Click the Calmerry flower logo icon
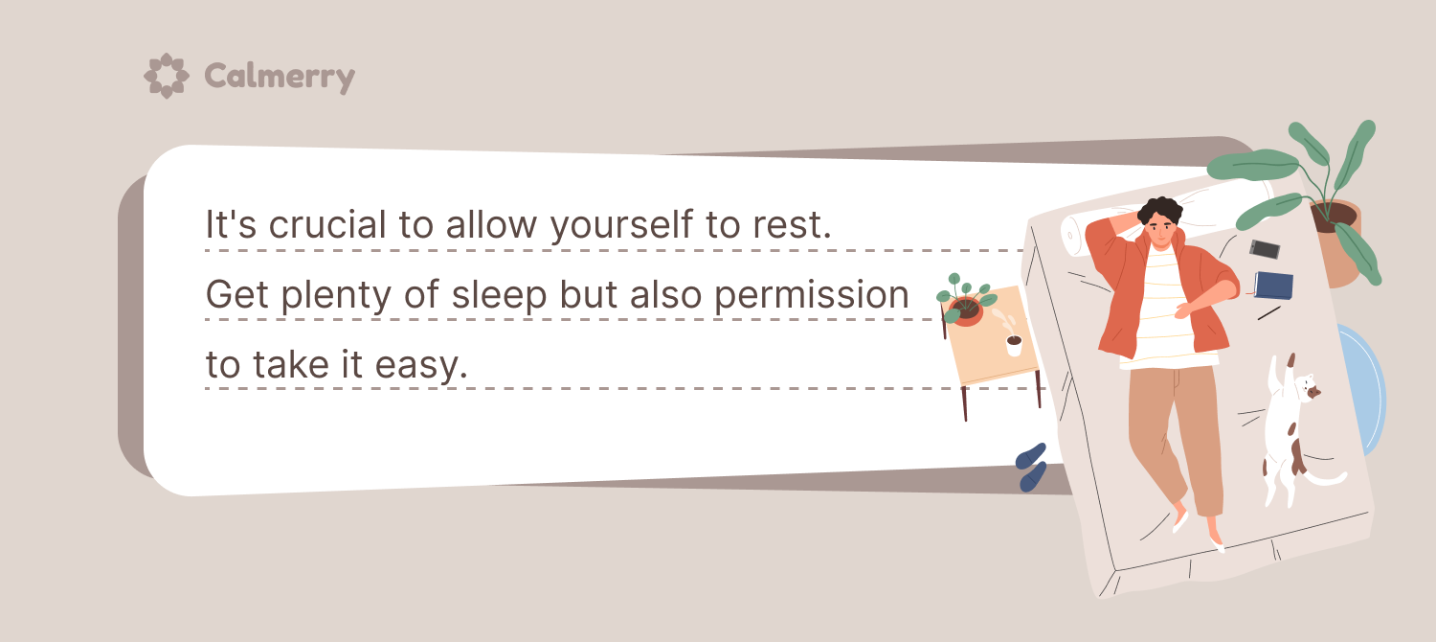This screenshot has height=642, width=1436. tap(166, 76)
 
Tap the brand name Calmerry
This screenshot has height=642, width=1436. tap(280, 77)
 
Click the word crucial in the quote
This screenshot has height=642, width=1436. tap(327, 224)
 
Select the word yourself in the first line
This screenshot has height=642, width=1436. tap(622, 226)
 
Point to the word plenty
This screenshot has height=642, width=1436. tap(336, 296)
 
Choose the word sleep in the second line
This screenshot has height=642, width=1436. tap(500, 296)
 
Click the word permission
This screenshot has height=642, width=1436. tap(812, 296)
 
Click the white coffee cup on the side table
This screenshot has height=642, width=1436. tap(1014, 346)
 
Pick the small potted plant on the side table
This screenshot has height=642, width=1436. tap(965, 302)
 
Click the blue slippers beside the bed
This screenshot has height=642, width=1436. tap(1031, 467)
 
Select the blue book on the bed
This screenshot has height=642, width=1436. tap(1273, 286)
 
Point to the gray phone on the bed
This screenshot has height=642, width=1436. tap(1265, 249)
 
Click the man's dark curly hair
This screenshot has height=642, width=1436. tap(1159, 209)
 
